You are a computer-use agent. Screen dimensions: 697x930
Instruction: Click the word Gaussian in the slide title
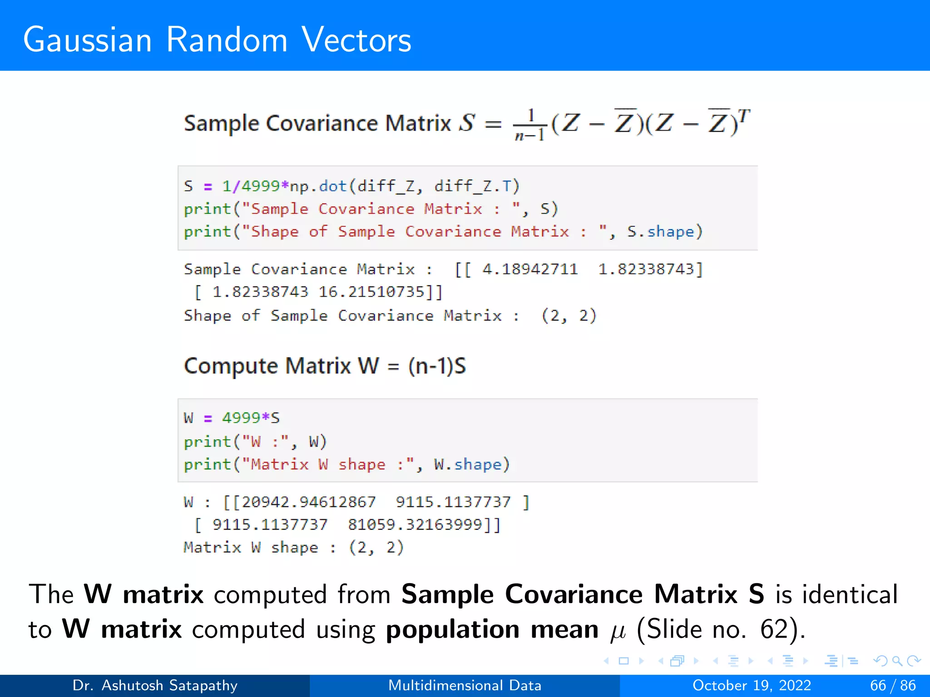pos(87,40)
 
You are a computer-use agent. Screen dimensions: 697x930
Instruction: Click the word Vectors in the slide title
pos(356,40)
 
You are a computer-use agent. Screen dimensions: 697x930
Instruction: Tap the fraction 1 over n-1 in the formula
pos(529,125)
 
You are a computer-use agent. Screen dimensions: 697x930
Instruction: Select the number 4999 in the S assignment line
pos(261,186)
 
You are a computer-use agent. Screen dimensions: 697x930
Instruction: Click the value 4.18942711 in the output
pos(530,269)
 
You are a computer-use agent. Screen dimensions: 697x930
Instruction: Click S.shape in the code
pos(661,232)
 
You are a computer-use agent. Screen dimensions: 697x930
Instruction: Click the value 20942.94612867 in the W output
pos(309,502)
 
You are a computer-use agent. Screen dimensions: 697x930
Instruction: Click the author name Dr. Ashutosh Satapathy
pos(155,685)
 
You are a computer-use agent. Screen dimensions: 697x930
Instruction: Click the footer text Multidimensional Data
pos(465,685)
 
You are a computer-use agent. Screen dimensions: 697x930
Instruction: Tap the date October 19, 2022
pos(752,685)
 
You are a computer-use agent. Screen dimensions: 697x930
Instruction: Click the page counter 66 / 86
pos(893,685)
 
